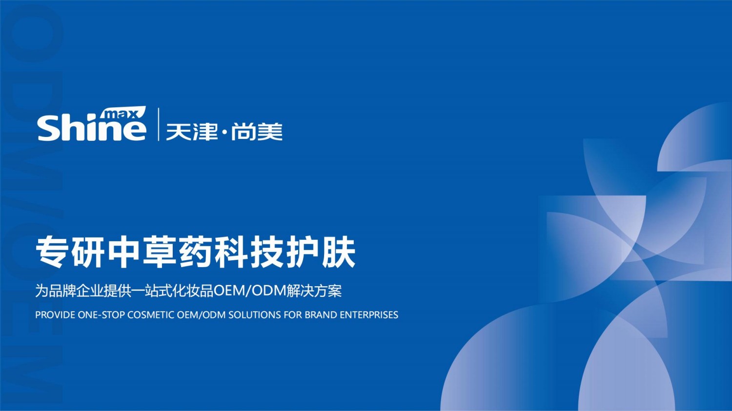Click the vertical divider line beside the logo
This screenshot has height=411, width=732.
click(158, 124)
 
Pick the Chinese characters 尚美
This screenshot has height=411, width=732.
click(257, 132)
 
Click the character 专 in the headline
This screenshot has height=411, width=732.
click(51, 253)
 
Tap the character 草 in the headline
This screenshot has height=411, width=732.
click(159, 253)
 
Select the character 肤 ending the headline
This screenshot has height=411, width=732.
click(339, 253)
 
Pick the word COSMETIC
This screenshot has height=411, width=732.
click(150, 315)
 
